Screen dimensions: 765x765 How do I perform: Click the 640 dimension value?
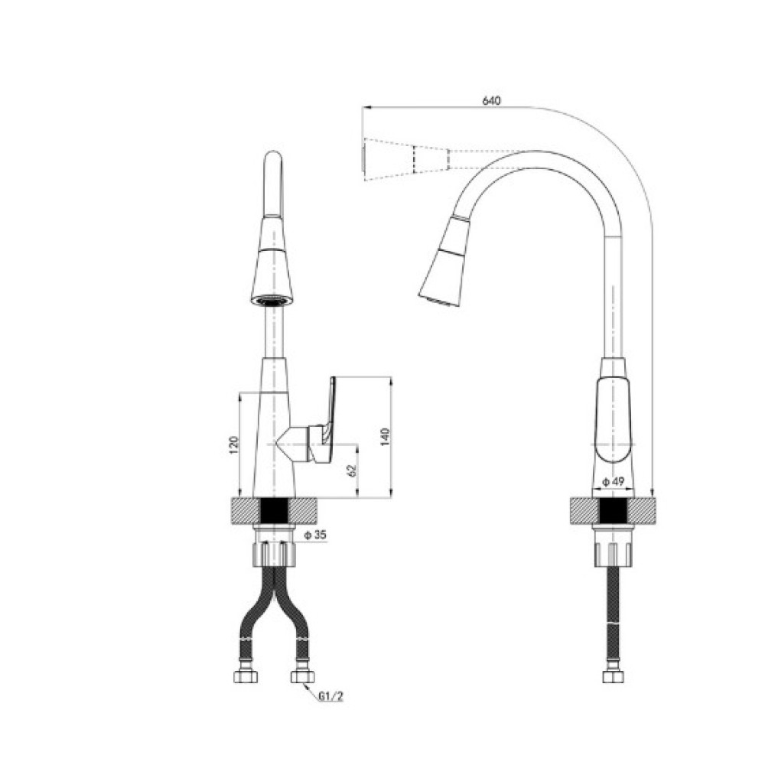pos(491,101)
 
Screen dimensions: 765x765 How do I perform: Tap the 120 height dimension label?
pos(233,445)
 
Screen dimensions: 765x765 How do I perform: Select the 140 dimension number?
pos(385,437)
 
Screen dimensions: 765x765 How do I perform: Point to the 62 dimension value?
pos(352,470)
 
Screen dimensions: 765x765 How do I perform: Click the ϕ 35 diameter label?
pos(315,535)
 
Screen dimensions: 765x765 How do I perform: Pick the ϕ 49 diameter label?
pos(614,481)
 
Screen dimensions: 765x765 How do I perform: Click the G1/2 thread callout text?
pos(331,696)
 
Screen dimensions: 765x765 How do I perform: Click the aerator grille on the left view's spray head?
pos(272,301)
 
